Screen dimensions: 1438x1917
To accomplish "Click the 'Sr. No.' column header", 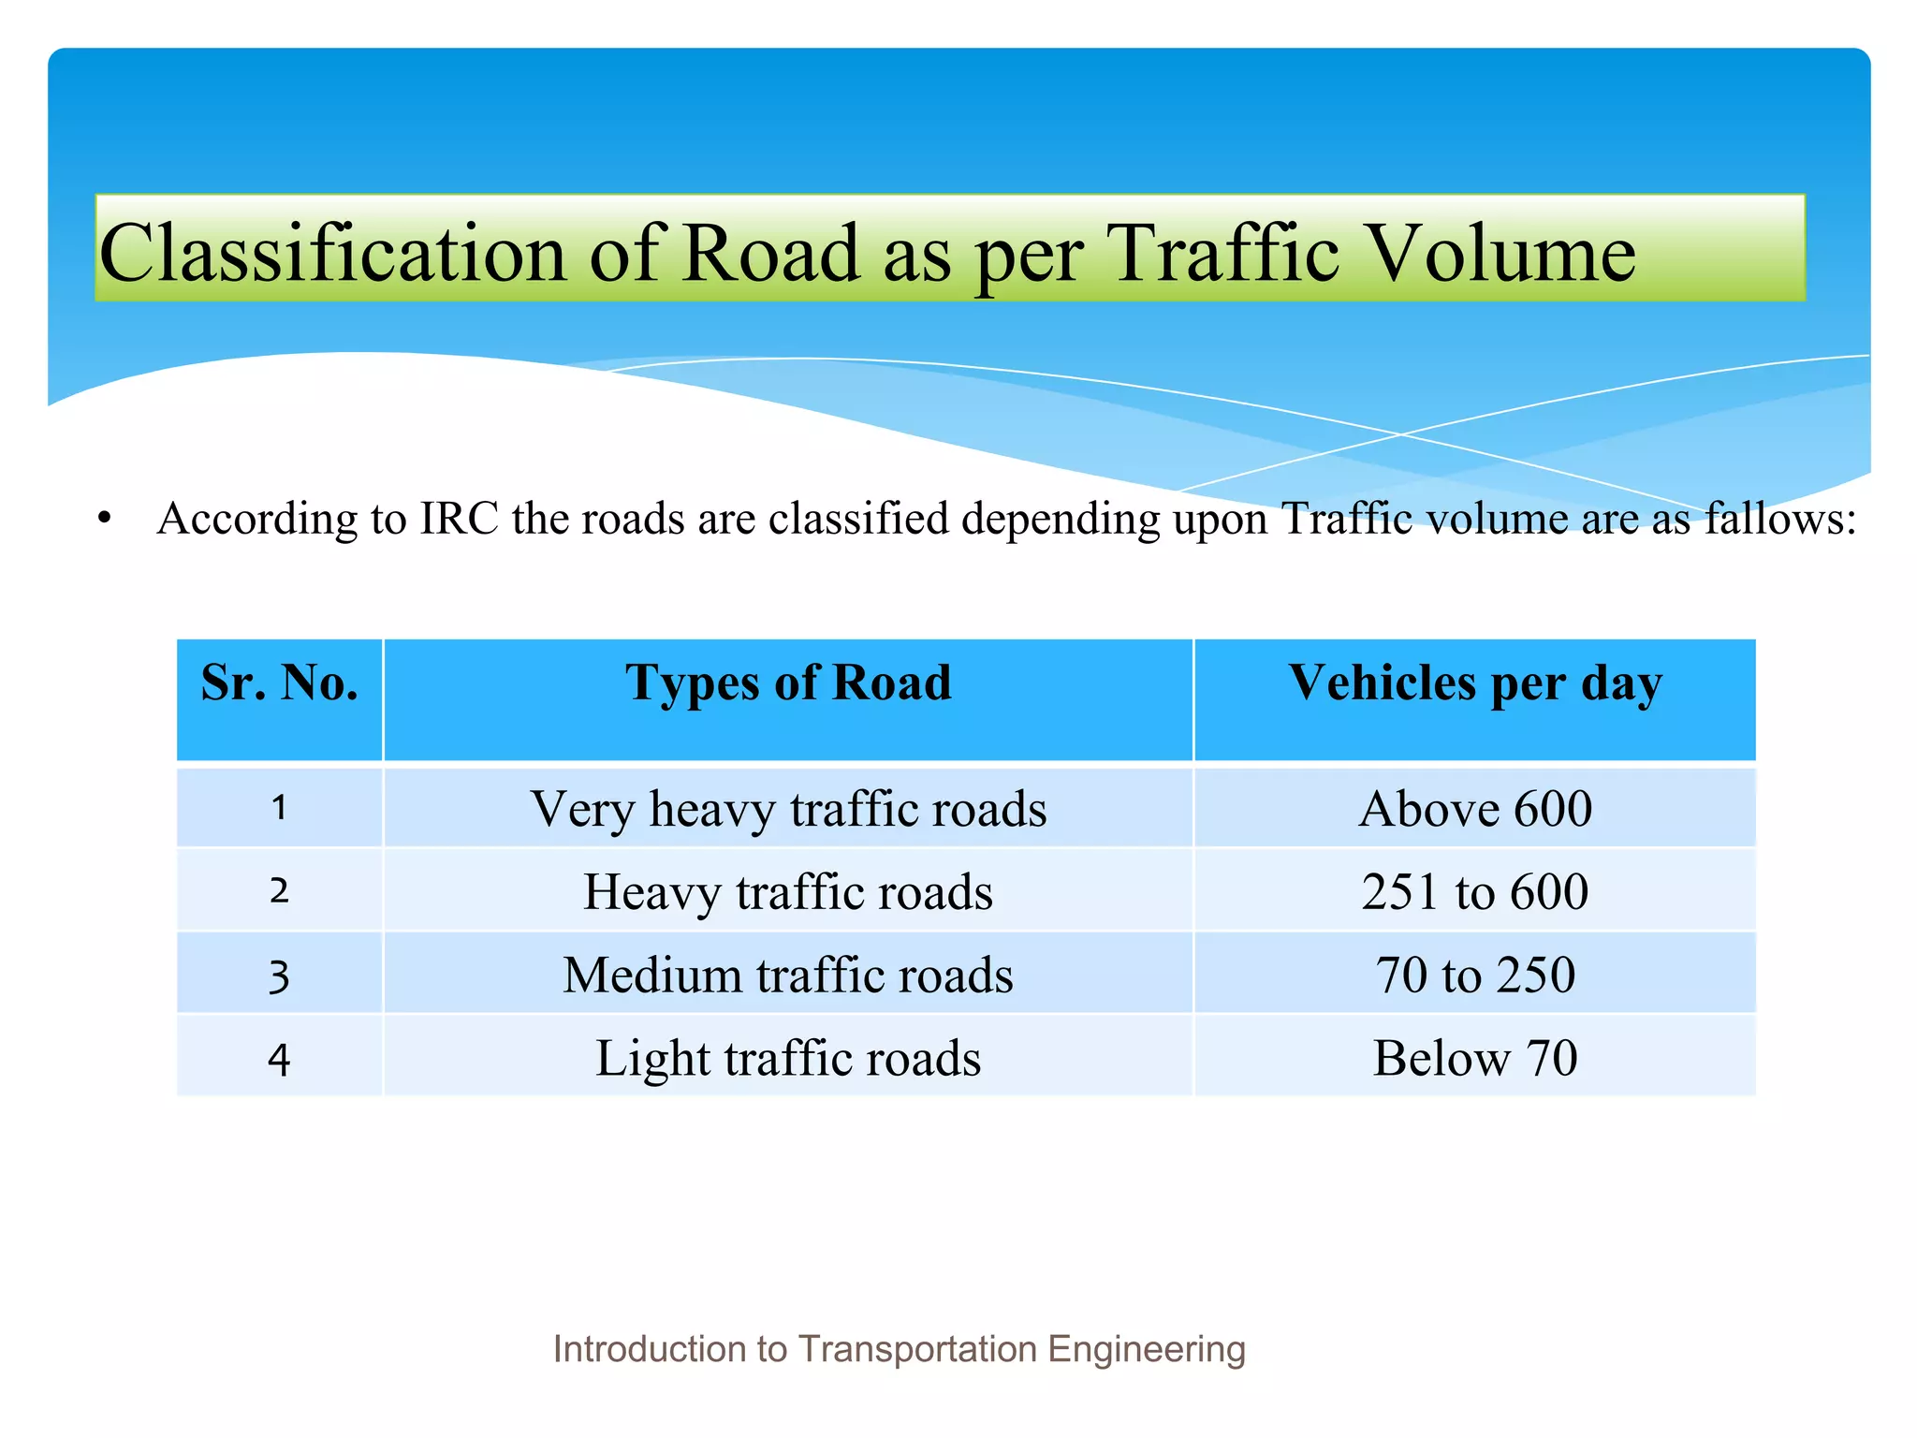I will (x=279, y=682).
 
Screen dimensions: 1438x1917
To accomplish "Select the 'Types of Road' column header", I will (x=788, y=682).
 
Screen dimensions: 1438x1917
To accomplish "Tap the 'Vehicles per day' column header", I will (x=1474, y=682).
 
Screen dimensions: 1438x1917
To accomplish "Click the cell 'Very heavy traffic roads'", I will (x=788, y=809).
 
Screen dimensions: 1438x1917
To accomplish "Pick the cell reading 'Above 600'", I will (x=1474, y=809).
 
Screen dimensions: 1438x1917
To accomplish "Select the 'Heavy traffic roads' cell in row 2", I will (x=788, y=891).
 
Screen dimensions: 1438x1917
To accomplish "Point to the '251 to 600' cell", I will (x=1474, y=891).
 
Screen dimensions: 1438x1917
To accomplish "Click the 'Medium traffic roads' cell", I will (x=788, y=975).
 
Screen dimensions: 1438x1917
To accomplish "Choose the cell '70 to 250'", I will (x=1474, y=975).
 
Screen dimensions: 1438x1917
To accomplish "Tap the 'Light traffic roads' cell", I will (x=788, y=1058).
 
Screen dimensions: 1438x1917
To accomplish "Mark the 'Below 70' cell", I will (x=1474, y=1058).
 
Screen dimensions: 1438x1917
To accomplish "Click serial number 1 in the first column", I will (x=279, y=808).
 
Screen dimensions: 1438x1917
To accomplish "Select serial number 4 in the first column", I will (x=279, y=1060).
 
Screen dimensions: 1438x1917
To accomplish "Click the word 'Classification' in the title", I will (x=332, y=253).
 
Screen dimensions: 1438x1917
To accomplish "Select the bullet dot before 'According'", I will (x=105, y=519).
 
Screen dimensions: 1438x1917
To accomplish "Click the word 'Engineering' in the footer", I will (x=1147, y=1349).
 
